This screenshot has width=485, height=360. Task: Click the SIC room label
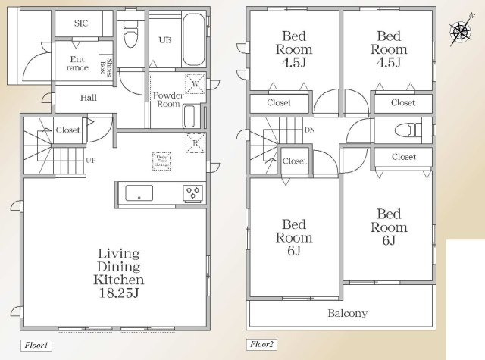point(80,23)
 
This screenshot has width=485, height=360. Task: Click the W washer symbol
point(196,85)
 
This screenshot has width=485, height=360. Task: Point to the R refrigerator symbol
point(196,142)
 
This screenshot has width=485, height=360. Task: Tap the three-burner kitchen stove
point(192,193)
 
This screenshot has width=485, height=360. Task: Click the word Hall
point(89,97)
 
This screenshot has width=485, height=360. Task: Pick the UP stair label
point(90,161)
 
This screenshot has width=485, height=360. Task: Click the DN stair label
point(309,131)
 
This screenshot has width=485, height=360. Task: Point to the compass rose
point(459,32)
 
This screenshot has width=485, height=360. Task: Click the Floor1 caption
point(36,346)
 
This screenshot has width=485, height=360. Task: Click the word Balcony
point(347,313)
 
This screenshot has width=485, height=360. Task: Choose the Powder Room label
point(168,99)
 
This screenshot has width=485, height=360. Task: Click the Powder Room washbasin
point(189,117)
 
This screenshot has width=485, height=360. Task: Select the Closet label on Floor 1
point(67,130)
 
